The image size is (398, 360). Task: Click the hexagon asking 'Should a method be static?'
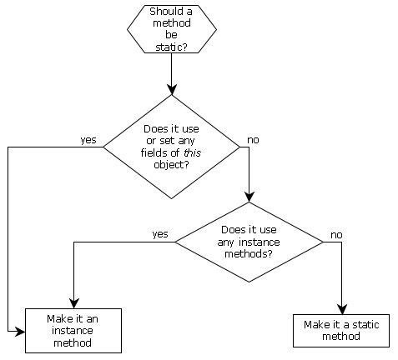pos(172,29)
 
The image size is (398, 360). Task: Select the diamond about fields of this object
pos(171,147)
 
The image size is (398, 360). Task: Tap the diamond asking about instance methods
pos(249,242)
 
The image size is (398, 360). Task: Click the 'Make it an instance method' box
pos(73,331)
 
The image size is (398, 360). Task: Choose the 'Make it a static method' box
pos(341,331)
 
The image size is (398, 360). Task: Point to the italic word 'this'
pos(193,152)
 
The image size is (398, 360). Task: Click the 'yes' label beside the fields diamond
pos(88,140)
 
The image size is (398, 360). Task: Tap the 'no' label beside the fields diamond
pos(253,140)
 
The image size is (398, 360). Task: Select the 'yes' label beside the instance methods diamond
pos(160,234)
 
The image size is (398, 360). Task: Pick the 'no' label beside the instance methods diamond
pos(336,235)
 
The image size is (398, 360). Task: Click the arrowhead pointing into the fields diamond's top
pos(172,89)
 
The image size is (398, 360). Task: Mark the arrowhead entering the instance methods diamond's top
pos(249,197)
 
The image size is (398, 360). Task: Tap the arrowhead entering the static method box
pos(342,309)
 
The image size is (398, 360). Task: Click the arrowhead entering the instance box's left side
pos(20,331)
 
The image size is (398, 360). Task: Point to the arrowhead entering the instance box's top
pos(74,303)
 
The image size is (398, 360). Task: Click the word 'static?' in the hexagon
pos(171,47)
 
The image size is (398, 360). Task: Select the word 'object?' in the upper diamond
pos(171,165)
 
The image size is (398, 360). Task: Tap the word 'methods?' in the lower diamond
pos(249,254)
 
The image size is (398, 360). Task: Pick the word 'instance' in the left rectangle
pos(73,331)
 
